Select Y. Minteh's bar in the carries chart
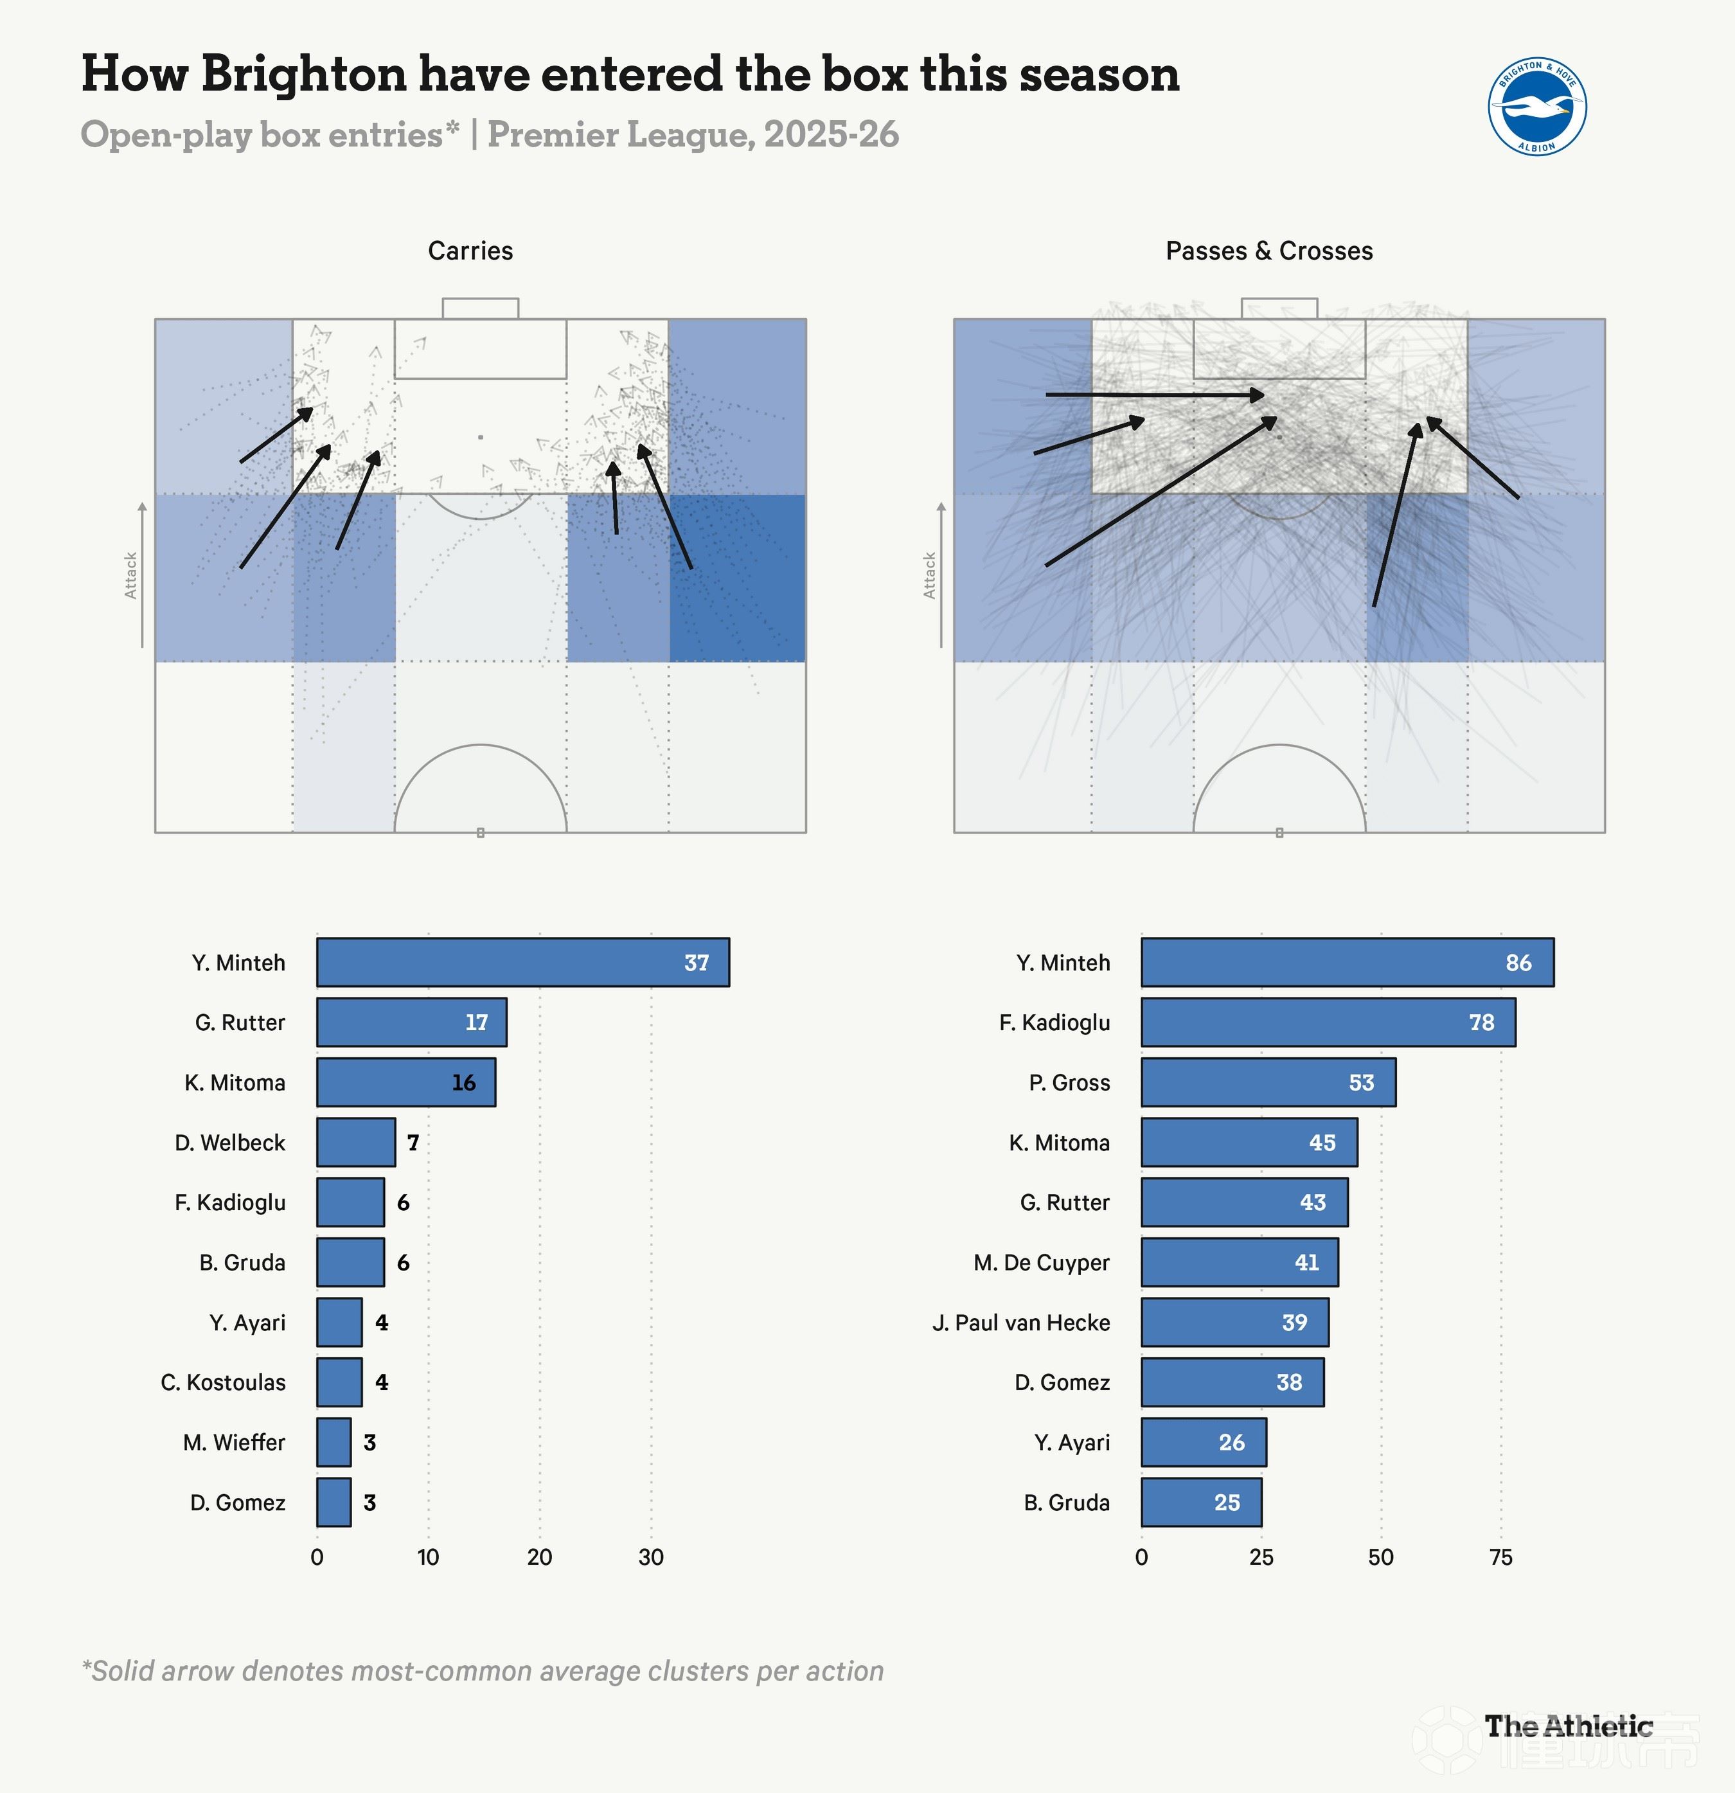[522, 962]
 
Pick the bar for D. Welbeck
[356, 1141]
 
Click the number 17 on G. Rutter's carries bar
[477, 1022]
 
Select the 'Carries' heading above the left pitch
[470, 251]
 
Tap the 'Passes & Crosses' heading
[1268, 251]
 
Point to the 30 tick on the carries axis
[650, 1557]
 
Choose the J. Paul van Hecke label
[1020, 1322]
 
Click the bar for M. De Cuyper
[1240, 1262]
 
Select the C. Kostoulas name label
[223, 1382]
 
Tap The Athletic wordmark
[1569, 1726]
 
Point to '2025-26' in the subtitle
[832, 134]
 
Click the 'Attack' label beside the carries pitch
[131, 575]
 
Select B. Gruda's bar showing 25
[1201, 1502]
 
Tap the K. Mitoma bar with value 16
[405, 1082]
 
